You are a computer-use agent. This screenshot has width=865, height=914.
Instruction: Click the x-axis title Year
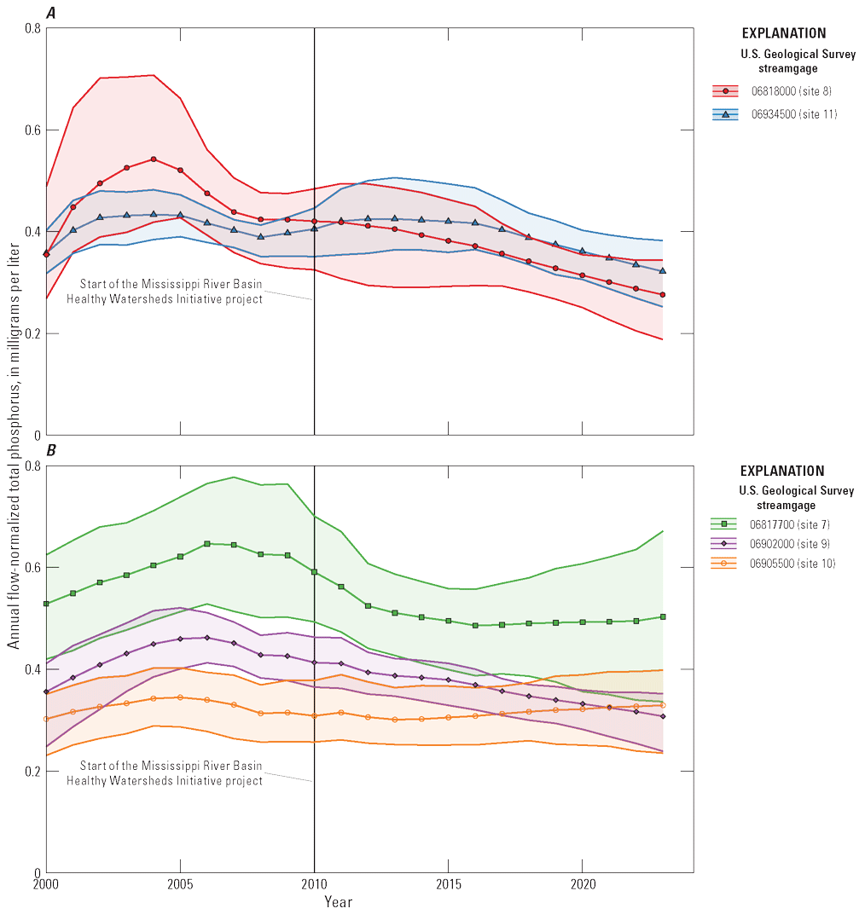338,901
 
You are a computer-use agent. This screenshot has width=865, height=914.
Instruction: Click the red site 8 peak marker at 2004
154,159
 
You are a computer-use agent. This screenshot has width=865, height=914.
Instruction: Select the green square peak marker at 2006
207,543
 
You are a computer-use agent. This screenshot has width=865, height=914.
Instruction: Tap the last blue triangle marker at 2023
663,271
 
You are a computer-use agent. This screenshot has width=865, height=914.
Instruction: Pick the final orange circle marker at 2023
663,705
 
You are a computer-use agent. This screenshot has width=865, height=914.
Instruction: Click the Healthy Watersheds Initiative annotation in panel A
171,292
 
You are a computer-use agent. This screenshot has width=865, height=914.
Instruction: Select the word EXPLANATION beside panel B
782,471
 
